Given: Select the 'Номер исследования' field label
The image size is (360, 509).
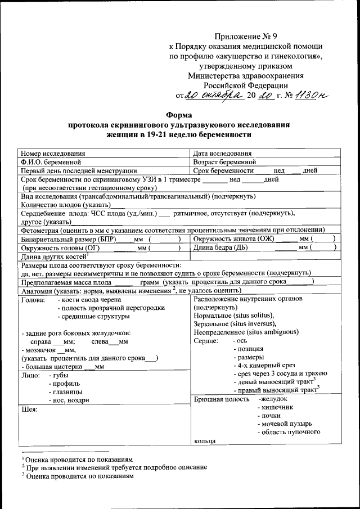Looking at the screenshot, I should click(53, 153).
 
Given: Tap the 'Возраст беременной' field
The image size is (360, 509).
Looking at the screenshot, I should click(225, 161).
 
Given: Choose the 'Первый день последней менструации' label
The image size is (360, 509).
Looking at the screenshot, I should click(79, 170).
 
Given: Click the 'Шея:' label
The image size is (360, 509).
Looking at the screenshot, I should click(29, 409).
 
